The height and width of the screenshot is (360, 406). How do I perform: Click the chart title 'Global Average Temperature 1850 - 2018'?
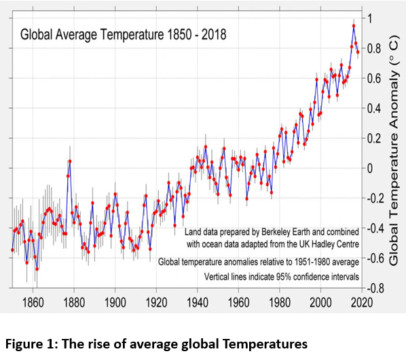124,35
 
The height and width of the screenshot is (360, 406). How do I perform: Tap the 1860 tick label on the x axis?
33,302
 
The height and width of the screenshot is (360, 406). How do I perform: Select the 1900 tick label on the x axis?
115,302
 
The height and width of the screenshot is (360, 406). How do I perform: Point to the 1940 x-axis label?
198,302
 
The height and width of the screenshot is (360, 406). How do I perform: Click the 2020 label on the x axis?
362,302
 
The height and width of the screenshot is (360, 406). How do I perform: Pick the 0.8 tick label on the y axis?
374,48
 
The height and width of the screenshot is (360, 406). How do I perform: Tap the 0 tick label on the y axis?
370,168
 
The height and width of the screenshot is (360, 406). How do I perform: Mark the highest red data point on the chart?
354,26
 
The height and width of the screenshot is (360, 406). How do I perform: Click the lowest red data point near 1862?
37,269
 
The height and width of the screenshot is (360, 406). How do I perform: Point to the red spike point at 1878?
70,162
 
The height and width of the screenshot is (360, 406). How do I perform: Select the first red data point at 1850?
12,250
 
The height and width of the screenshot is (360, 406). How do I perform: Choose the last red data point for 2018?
358,52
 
